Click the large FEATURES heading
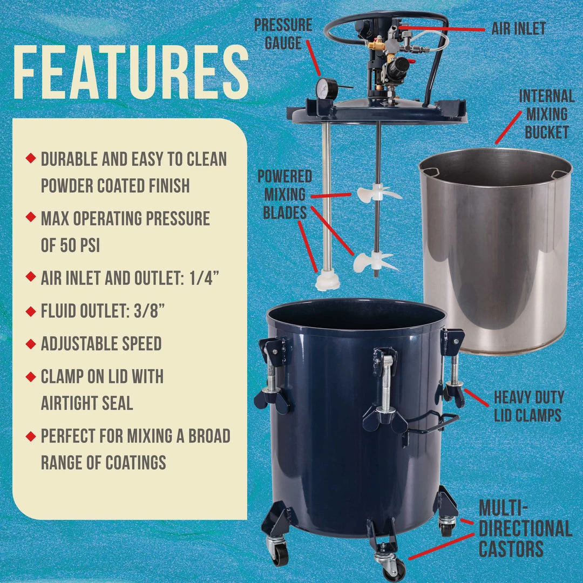click(x=131, y=72)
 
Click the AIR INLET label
click(x=518, y=28)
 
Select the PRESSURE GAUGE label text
click(x=283, y=34)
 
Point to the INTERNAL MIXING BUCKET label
click(x=546, y=114)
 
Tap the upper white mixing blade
click(x=377, y=194)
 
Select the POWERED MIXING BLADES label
click(x=285, y=194)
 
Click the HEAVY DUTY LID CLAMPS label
click(x=528, y=406)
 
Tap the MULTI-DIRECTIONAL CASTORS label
click(x=525, y=528)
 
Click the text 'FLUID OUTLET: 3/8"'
click(x=103, y=311)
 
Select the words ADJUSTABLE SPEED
click(x=101, y=343)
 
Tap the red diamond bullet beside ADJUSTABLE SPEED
click(x=30, y=343)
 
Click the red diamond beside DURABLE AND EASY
click(x=30, y=158)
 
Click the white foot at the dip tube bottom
click(x=327, y=281)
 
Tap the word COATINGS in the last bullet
click(x=135, y=463)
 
